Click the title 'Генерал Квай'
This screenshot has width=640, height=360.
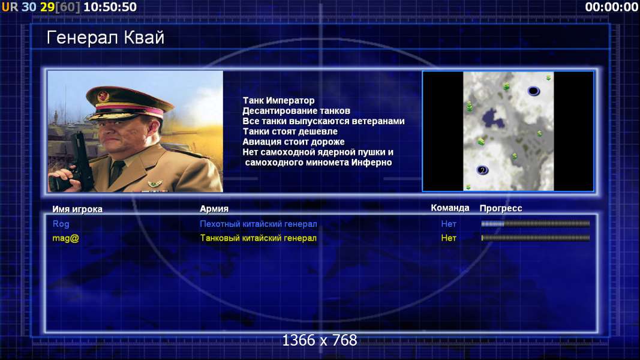[106, 38]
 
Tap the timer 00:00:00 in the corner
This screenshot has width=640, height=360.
[611, 7]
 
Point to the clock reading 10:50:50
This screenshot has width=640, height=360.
[110, 7]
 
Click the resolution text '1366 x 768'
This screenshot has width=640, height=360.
[320, 340]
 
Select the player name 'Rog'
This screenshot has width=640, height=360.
[61, 224]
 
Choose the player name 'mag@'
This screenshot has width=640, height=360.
[66, 238]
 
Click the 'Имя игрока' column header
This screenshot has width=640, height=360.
[77, 209]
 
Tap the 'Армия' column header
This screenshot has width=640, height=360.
[214, 209]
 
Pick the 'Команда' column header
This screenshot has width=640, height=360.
[450, 208]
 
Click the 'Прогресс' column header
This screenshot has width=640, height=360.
[501, 208]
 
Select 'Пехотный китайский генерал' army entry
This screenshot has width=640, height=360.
[259, 224]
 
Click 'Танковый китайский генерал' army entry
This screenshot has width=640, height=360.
[259, 238]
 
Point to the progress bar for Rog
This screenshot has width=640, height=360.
[536, 224]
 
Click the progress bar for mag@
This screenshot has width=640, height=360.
[536, 238]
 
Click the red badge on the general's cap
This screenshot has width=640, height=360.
[103, 97]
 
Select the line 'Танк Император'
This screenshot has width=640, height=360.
[279, 100]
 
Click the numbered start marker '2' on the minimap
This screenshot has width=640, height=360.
[482, 170]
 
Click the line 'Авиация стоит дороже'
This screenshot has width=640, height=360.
[293, 142]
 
